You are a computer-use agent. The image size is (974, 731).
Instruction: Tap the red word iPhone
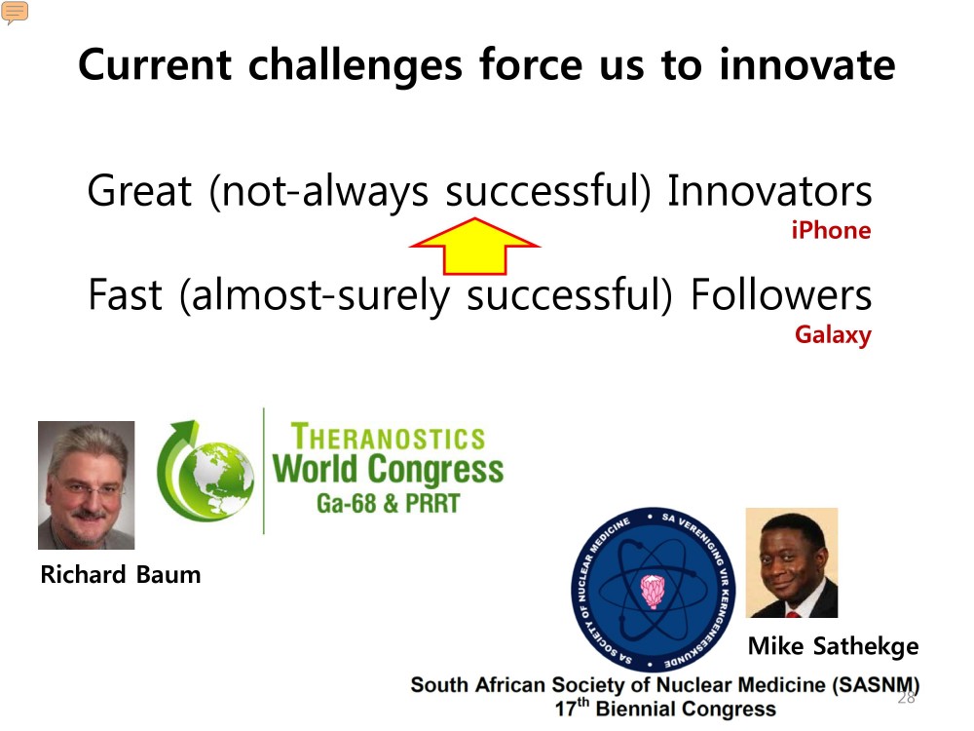click(831, 231)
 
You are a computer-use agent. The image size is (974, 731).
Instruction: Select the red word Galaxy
click(833, 335)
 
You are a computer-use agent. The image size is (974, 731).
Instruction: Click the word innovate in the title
click(807, 64)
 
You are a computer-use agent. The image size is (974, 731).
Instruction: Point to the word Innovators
click(769, 190)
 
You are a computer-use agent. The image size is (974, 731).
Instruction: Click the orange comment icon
click(15, 12)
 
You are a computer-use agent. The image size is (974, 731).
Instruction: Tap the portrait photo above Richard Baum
click(87, 484)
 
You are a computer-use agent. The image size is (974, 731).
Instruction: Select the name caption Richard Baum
click(121, 574)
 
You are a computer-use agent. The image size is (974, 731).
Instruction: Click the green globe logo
click(205, 471)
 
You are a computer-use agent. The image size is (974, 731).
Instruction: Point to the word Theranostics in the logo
click(389, 437)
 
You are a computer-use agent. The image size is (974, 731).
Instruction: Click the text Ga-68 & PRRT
click(389, 503)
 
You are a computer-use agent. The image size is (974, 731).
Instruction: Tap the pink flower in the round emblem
click(653, 591)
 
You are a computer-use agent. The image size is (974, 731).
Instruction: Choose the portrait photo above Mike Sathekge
click(792, 562)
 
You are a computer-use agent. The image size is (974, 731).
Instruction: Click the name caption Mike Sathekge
click(833, 646)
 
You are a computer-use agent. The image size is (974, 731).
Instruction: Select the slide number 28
click(906, 698)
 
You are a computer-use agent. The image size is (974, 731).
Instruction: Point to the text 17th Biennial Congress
click(665, 708)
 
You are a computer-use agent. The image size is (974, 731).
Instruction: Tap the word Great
click(139, 190)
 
